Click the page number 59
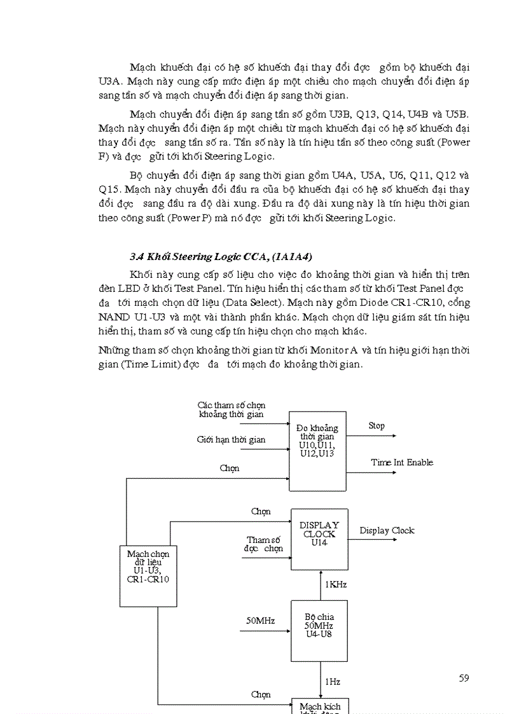point(464,678)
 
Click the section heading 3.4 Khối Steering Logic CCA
point(221,257)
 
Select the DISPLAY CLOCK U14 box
point(319,539)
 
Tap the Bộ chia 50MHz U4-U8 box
point(319,630)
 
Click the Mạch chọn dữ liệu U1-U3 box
point(148,575)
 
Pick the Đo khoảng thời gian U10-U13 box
point(317,451)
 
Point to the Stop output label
point(377,426)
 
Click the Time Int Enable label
point(402,463)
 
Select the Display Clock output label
point(387,531)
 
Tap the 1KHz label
point(335,584)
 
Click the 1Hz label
point(332,682)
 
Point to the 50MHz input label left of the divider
point(260,621)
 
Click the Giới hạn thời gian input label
point(231,440)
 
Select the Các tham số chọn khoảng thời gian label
point(231,409)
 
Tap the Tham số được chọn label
point(263,544)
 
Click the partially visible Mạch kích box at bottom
point(320,706)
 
